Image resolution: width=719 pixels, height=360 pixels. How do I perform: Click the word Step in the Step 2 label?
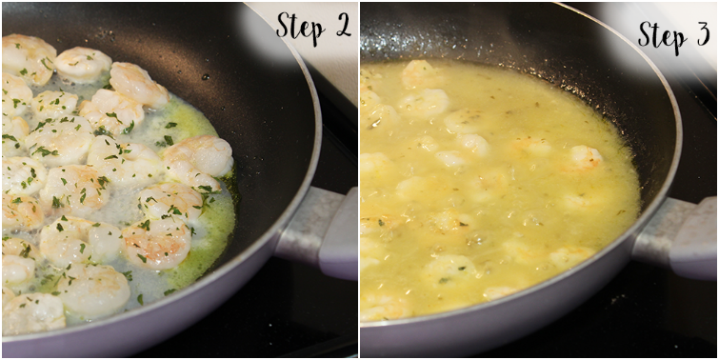coord(300,28)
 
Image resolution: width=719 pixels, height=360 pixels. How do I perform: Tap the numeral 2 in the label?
coord(342,26)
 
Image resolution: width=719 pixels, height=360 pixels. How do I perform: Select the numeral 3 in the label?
coord(703,34)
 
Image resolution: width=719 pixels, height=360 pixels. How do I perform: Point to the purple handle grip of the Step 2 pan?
coord(340,235)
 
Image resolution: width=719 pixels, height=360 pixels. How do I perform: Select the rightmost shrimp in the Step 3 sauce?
coord(586,157)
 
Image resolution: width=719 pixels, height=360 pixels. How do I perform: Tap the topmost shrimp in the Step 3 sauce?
coord(420,73)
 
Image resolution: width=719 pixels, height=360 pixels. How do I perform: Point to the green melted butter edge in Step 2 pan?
coord(215,230)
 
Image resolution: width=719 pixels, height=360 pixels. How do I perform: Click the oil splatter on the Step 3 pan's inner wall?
coord(459,44)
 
